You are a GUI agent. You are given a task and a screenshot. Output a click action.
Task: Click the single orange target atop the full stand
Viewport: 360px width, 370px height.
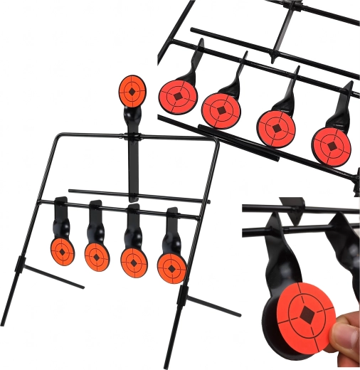tap(132, 90)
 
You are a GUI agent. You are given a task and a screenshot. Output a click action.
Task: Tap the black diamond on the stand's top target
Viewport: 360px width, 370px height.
tap(132, 90)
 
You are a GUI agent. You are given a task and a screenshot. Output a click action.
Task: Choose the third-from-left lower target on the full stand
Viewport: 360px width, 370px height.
tap(132, 260)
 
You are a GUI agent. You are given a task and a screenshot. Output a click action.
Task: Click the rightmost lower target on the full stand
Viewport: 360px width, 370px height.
tap(171, 267)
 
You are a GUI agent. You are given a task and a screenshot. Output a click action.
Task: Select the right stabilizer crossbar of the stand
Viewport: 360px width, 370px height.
tap(211, 302)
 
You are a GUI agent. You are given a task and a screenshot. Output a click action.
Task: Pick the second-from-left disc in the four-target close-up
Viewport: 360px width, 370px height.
tap(223, 109)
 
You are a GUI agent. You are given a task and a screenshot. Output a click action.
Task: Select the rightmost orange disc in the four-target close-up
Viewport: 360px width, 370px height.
tap(332, 145)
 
